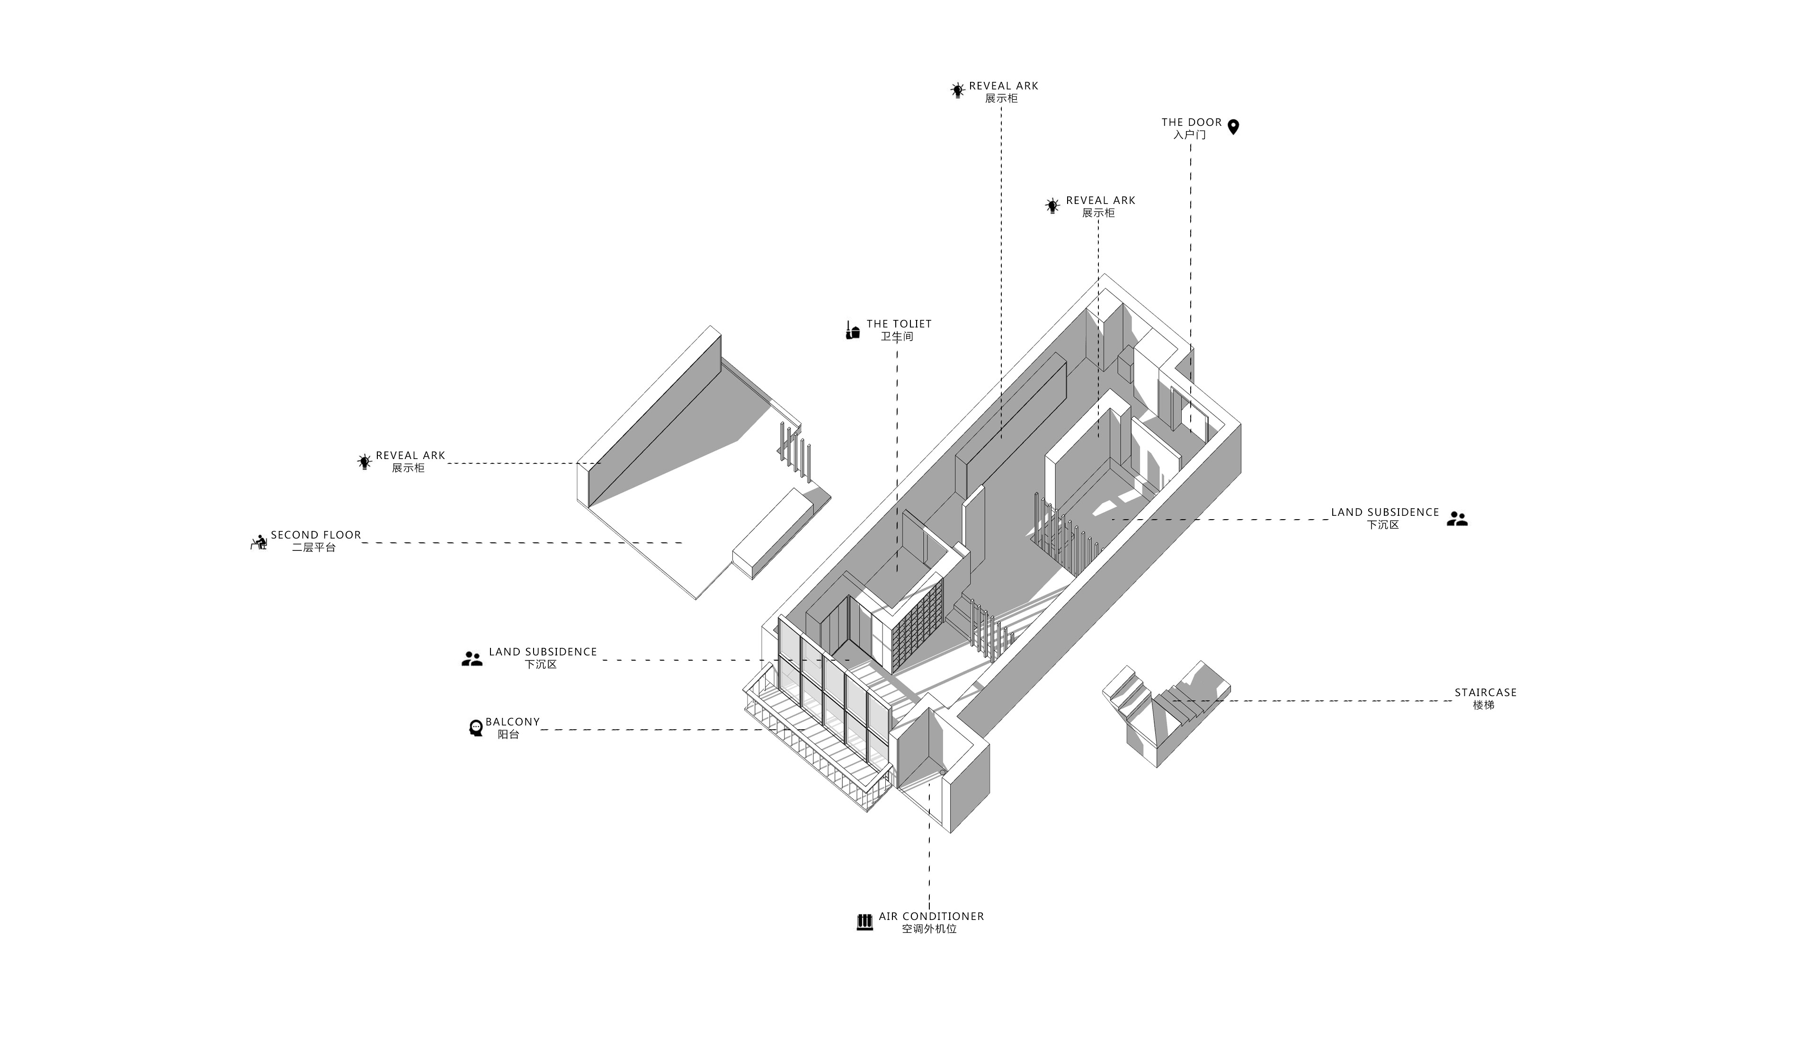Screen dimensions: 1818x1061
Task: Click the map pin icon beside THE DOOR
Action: point(1233,127)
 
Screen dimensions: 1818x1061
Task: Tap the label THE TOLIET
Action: point(899,324)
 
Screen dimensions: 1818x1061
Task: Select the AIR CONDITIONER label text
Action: point(931,916)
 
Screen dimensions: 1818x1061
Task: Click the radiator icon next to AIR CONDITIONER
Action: point(864,922)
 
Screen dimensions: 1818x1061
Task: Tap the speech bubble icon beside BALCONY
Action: point(475,728)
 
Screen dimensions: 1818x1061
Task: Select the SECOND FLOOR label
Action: point(316,535)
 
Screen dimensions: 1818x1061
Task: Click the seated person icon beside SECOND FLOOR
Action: point(258,542)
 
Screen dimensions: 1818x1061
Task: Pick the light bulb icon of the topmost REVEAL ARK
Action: point(957,90)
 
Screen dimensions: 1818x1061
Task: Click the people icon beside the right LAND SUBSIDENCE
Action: point(1457,519)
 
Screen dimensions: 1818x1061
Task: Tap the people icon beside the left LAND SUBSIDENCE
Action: point(472,659)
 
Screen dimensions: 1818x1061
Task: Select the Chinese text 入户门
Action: point(1190,135)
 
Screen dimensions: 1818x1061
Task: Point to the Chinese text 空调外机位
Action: point(929,929)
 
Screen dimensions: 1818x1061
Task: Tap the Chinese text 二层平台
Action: point(314,548)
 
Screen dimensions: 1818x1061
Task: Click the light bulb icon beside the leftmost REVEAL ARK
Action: point(365,461)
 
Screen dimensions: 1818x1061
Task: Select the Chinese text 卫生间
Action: point(897,336)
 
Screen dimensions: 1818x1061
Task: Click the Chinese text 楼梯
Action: point(1483,705)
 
